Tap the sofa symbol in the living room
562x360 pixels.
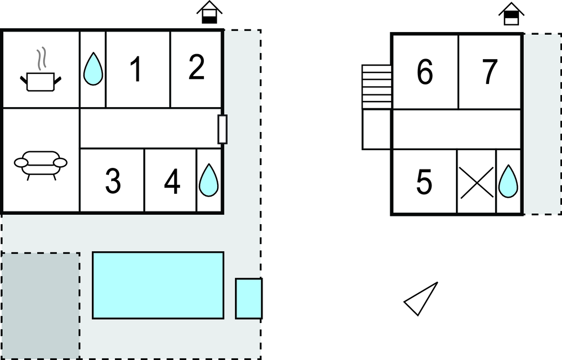[40, 164]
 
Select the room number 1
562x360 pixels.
[135, 70]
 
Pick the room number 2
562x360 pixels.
[196, 67]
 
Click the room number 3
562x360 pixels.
[113, 182]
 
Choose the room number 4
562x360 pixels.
[172, 182]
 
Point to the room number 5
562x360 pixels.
[424, 182]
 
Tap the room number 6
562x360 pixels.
[424, 72]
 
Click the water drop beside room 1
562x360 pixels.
[93, 69]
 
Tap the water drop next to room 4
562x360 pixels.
[209, 180]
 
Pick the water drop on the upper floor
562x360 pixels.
[508, 181]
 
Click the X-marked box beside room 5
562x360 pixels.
[476, 182]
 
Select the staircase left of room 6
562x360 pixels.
[376, 87]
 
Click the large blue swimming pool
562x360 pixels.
[157, 285]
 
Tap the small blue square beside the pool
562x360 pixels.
[249, 299]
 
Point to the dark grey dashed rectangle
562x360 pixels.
[40, 305]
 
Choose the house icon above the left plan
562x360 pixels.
[209, 13]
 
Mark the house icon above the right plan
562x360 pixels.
[511, 14]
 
